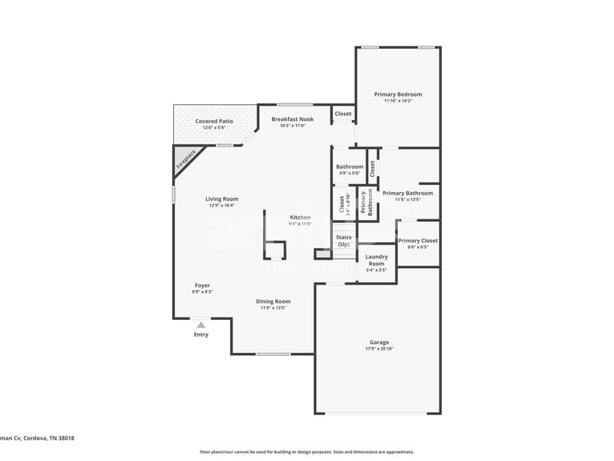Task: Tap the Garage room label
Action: (379, 342)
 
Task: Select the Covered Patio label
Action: (214, 122)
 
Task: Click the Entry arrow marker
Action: (201, 324)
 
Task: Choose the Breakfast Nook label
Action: (291, 119)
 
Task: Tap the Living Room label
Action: (222, 199)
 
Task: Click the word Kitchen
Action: (300, 217)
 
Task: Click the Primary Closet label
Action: (417, 241)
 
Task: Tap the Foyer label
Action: (202, 285)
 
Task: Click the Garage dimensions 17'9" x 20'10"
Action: (379, 349)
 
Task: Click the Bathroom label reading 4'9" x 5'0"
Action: (349, 172)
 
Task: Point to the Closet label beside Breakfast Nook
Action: (343, 114)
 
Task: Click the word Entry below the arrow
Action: (201, 335)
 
